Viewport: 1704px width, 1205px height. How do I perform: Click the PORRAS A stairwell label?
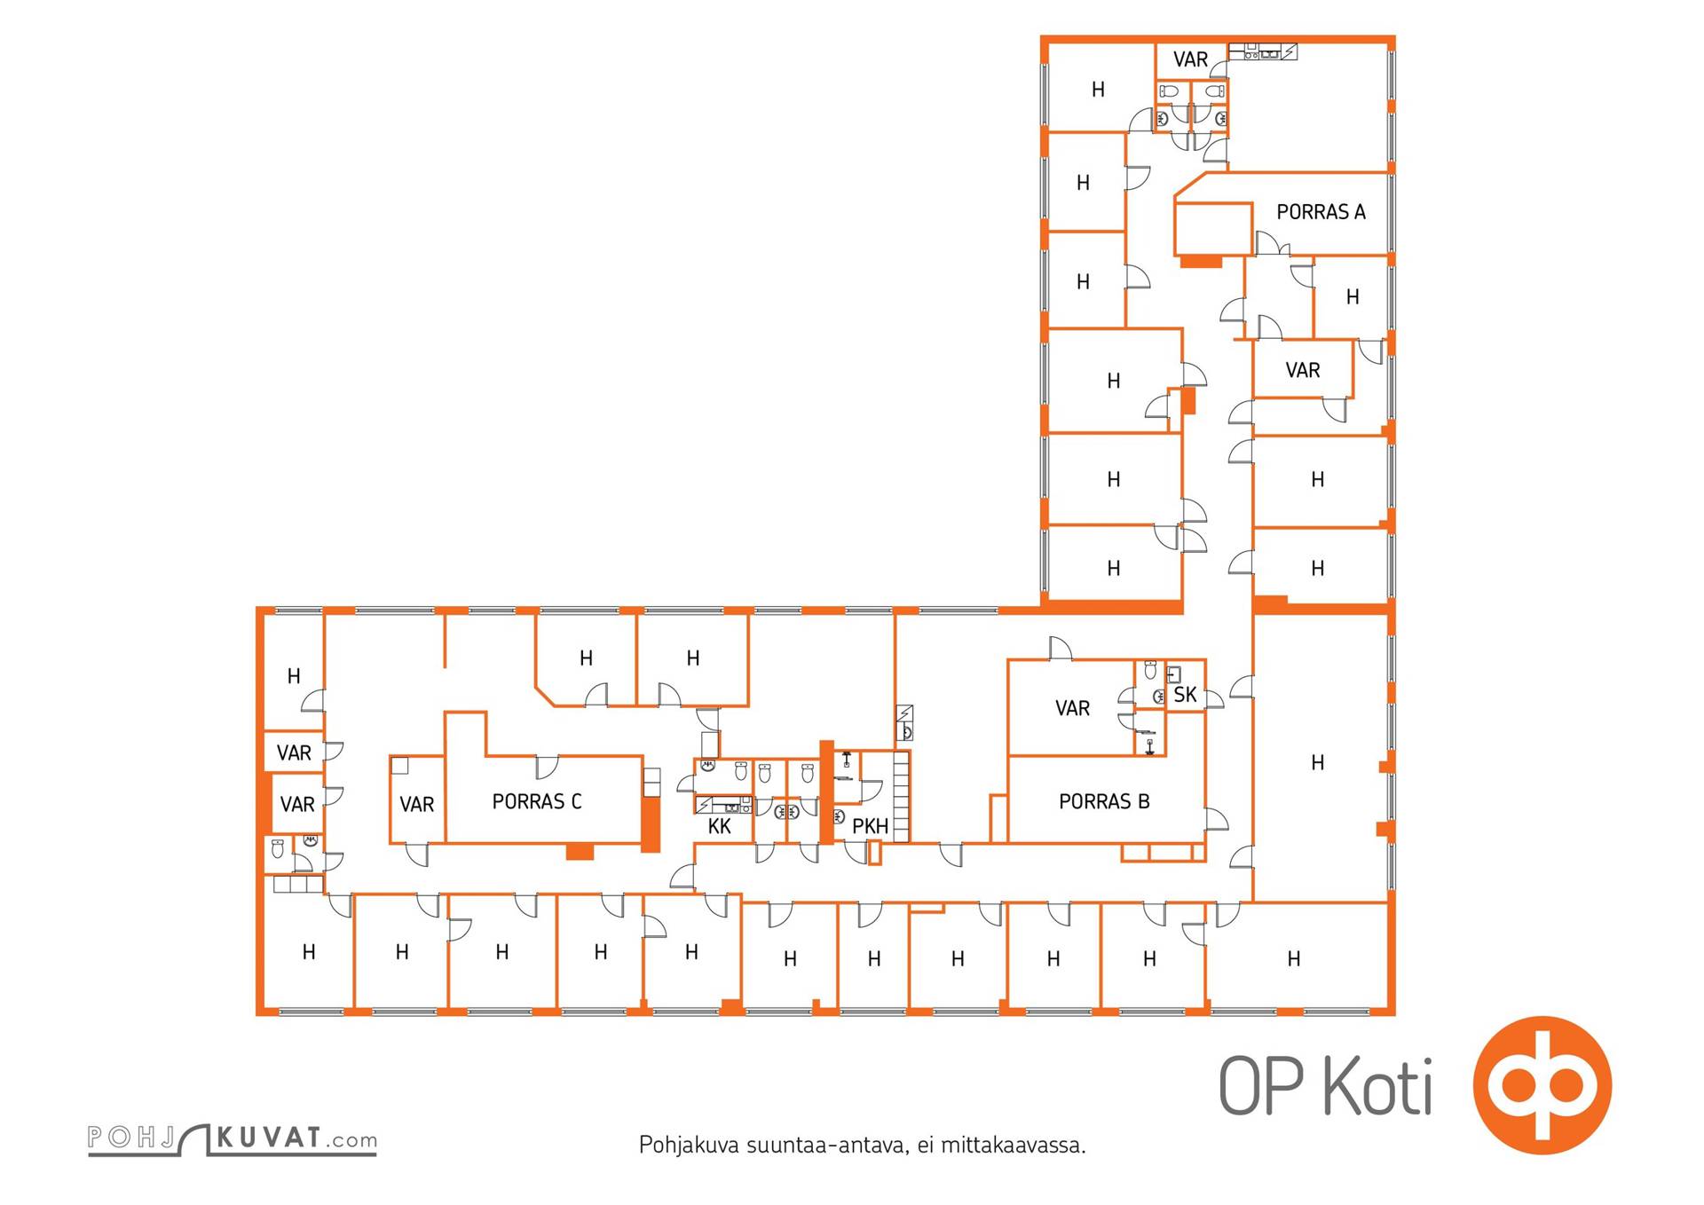click(1321, 212)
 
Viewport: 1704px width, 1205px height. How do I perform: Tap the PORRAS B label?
click(1104, 802)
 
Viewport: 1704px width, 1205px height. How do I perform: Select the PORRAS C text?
click(537, 802)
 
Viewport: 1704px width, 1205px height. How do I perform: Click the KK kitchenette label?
click(720, 827)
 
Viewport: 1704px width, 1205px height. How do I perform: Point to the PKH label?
click(870, 827)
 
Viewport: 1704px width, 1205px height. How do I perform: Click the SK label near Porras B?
click(1185, 695)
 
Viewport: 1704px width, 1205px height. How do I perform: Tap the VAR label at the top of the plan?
click(1190, 59)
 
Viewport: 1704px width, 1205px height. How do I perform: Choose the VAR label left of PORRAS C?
click(416, 805)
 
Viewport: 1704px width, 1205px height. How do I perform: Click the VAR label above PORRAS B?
click(1072, 709)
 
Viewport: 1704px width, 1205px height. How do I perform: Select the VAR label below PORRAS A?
click(1303, 371)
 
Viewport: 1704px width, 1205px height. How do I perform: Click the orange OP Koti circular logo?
click(1542, 1084)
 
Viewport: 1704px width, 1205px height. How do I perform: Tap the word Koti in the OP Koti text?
click(1378, 1085)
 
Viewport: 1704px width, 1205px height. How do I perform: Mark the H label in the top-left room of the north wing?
click(1098, 90)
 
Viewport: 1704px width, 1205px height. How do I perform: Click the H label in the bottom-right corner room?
click(1294, 959)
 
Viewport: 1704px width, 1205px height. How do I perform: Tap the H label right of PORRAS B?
click(1318, 763)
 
